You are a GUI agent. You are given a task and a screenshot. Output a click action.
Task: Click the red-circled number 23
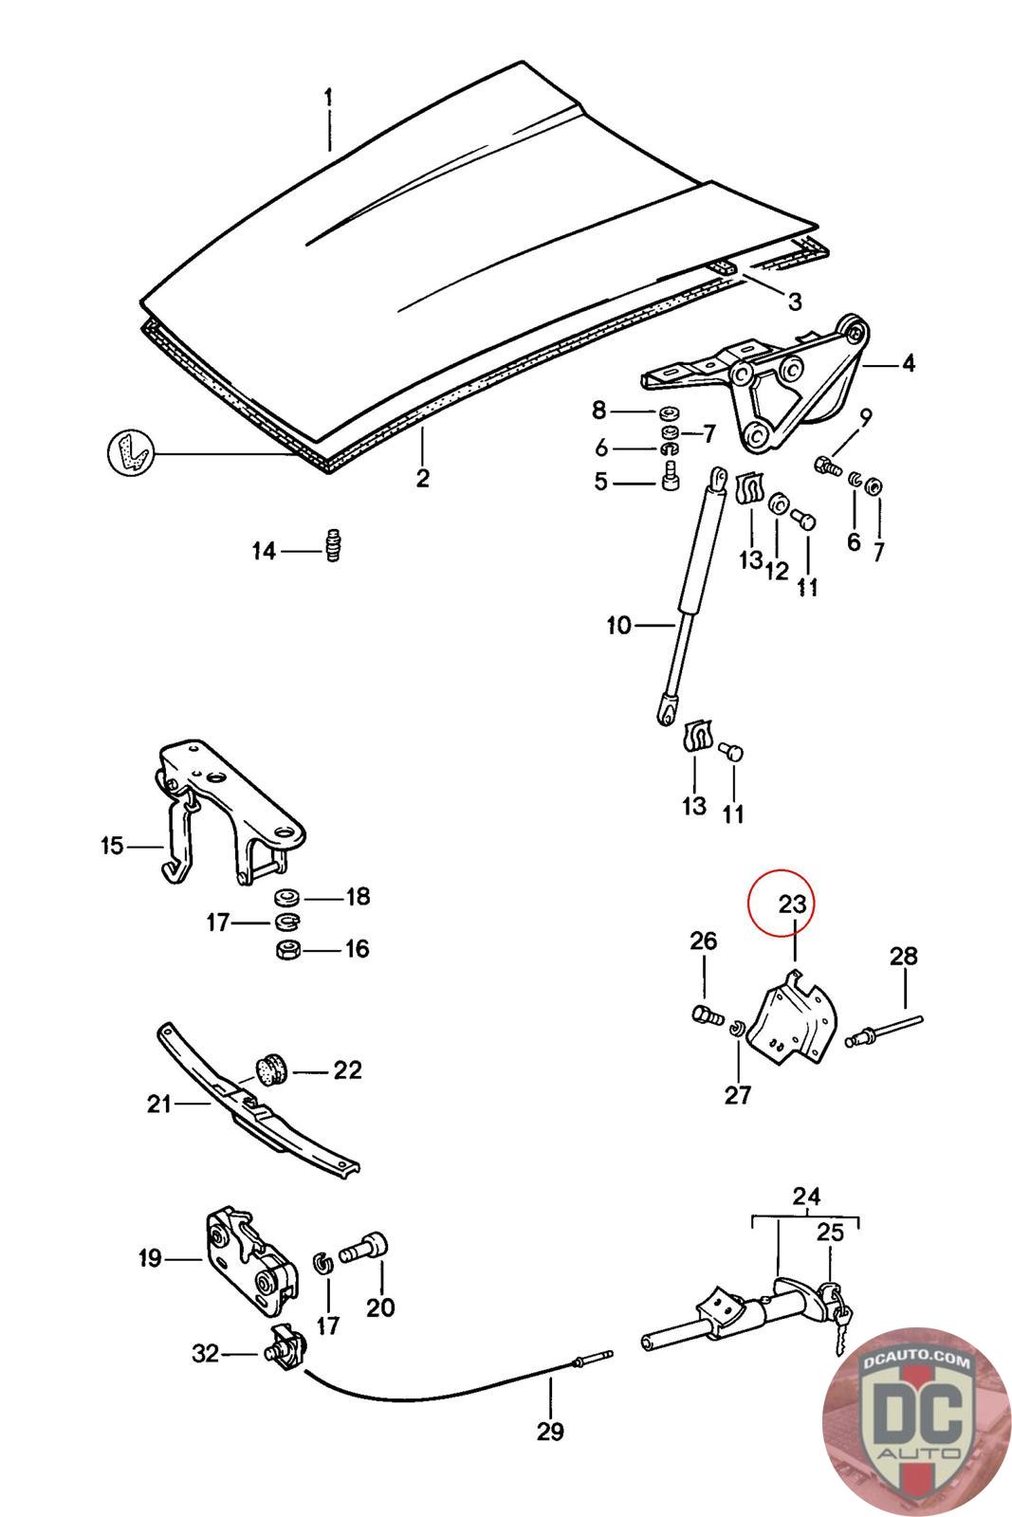792,904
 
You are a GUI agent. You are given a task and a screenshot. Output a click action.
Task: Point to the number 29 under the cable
550,1431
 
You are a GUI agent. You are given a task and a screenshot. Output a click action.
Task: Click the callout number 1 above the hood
328,98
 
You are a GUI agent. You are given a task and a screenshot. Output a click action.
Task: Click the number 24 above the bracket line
806,1197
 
